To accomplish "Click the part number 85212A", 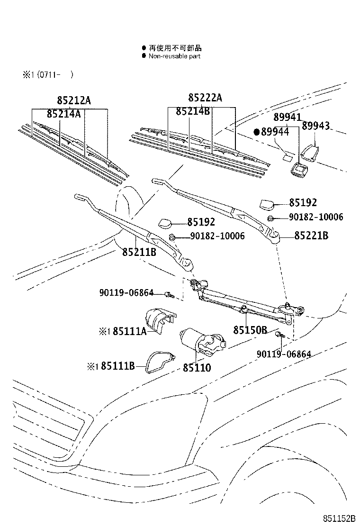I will click(x=73, y=100).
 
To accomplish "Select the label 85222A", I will click(x=205, y=98).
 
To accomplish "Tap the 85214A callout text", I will click(x=63, y=114).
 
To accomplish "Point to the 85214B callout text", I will click(x=192, y=111).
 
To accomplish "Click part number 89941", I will click(x=287, y=117).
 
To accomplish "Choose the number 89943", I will click(x=316, y=126).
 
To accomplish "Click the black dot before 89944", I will click(x=256, y=132).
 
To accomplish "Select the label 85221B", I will click(x=311, y=236).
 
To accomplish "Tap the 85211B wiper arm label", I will click(x=139, y=253).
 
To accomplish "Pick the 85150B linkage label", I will click(x=250, y=330).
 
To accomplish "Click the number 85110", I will click(x=197, y=368).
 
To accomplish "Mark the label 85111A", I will click(x=130, y=331).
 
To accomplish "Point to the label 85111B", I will click(x=118, y=366).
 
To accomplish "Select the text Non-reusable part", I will click(x=174, y=56).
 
